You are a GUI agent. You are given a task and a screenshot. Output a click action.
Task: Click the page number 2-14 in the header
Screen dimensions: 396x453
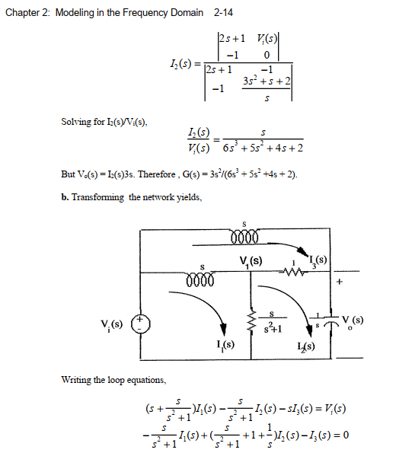click(223, 13)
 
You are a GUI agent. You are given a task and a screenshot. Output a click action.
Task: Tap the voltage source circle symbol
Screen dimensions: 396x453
click(141, 324)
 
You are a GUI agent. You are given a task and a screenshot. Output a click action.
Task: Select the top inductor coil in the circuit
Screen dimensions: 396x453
click(244, 236)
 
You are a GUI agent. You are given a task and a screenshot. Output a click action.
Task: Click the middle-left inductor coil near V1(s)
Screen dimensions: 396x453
click(200, 279)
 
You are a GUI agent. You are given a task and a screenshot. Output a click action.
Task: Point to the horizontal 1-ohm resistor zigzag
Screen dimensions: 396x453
click(292, 272)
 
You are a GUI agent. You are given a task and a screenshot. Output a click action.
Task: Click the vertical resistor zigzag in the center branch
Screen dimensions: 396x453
click(251, 321)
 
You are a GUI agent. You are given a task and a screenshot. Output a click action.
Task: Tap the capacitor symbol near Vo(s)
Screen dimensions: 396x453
click(331, 321)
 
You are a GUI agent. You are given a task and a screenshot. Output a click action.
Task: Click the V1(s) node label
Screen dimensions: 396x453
click(251, 262)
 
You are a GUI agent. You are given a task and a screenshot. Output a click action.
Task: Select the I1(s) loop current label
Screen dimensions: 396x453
click(225, 345)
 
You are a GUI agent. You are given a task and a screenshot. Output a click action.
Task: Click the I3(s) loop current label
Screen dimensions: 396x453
click(318, 261)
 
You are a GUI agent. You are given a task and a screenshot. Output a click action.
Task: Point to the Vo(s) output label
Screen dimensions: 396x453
click(353, 321)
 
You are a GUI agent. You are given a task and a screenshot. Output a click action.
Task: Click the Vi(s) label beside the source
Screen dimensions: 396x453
click(112, 325)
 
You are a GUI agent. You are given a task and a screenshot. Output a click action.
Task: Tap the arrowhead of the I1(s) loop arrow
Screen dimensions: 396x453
click(223, 329)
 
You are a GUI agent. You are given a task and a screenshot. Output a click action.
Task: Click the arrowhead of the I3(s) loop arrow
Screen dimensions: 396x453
click(303, 252)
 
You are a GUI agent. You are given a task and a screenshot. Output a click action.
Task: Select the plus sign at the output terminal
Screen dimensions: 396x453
click(340, 282)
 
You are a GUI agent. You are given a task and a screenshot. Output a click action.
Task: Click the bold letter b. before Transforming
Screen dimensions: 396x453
click(65, 197)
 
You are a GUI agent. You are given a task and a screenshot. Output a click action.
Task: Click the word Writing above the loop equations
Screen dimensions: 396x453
click(76, 380)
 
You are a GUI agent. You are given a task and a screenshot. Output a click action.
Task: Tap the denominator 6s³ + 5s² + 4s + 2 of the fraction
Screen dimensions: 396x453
click(263, 148)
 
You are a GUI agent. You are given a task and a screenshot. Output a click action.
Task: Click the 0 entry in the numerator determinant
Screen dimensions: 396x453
click(267, 55)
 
